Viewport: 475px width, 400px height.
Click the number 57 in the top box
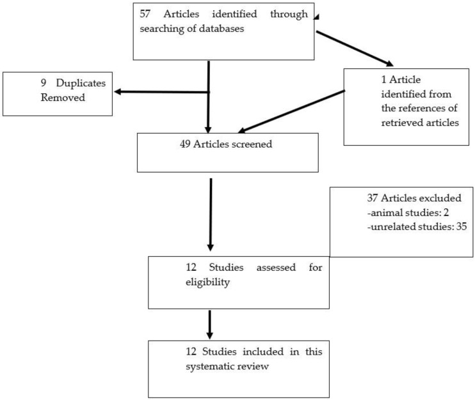pos(145,14)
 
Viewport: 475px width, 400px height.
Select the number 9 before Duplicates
pos(44,83)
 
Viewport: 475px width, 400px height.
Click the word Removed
pos(63,97)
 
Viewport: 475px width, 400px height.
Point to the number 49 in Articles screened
pos(185,144)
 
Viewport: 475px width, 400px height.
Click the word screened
pos(252,144)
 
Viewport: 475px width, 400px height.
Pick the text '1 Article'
pos(401,79)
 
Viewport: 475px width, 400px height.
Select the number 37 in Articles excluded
pos(373,198)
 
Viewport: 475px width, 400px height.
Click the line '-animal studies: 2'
pos(408,213)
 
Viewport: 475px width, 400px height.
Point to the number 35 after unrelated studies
pos(462,226)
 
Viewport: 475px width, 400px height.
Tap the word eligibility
pos(208,282)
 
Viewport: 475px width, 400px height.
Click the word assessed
pos(276,268)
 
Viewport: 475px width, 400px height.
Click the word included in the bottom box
pos(263,351)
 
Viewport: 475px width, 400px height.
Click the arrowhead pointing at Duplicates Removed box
pos(117,91)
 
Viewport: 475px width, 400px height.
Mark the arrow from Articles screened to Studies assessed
pos(211,215)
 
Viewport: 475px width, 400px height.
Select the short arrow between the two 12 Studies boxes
pos(209,325)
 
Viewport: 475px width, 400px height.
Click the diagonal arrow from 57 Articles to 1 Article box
pos(355,49)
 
